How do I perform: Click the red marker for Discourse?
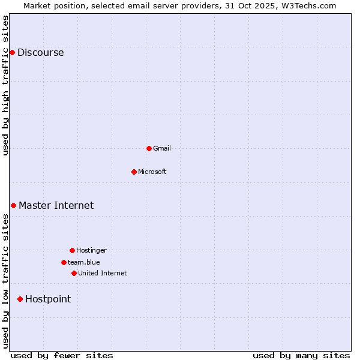click(x=12, y=52)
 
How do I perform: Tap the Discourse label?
click(x=40, y=52)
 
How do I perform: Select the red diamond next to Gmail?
click(x=149, y=148)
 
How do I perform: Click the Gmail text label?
click(x=161, y=148)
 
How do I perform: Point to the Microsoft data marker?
click(x=134, y=172)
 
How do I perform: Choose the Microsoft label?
click(x=152, y=172)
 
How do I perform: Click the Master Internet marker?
click(x=13, y=205)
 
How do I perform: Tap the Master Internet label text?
click(x=56, y=205)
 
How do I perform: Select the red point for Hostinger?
click(x=72, y=250)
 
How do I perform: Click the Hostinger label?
click(x=91, y=250)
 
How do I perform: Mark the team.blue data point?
click(x=64, y=262)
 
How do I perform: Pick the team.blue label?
click(x=83, y=262)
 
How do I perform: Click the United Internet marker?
click(x=74, y=273)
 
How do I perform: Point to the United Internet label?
click(x=102, y=273)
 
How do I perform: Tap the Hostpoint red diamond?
click(x=20, y=299)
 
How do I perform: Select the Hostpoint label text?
click(x=47, y=299)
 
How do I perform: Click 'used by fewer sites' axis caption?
click(x=62, y=355)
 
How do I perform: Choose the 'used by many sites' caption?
click(x=301, y=355)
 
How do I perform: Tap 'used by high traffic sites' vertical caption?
click(x=5, y=85)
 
